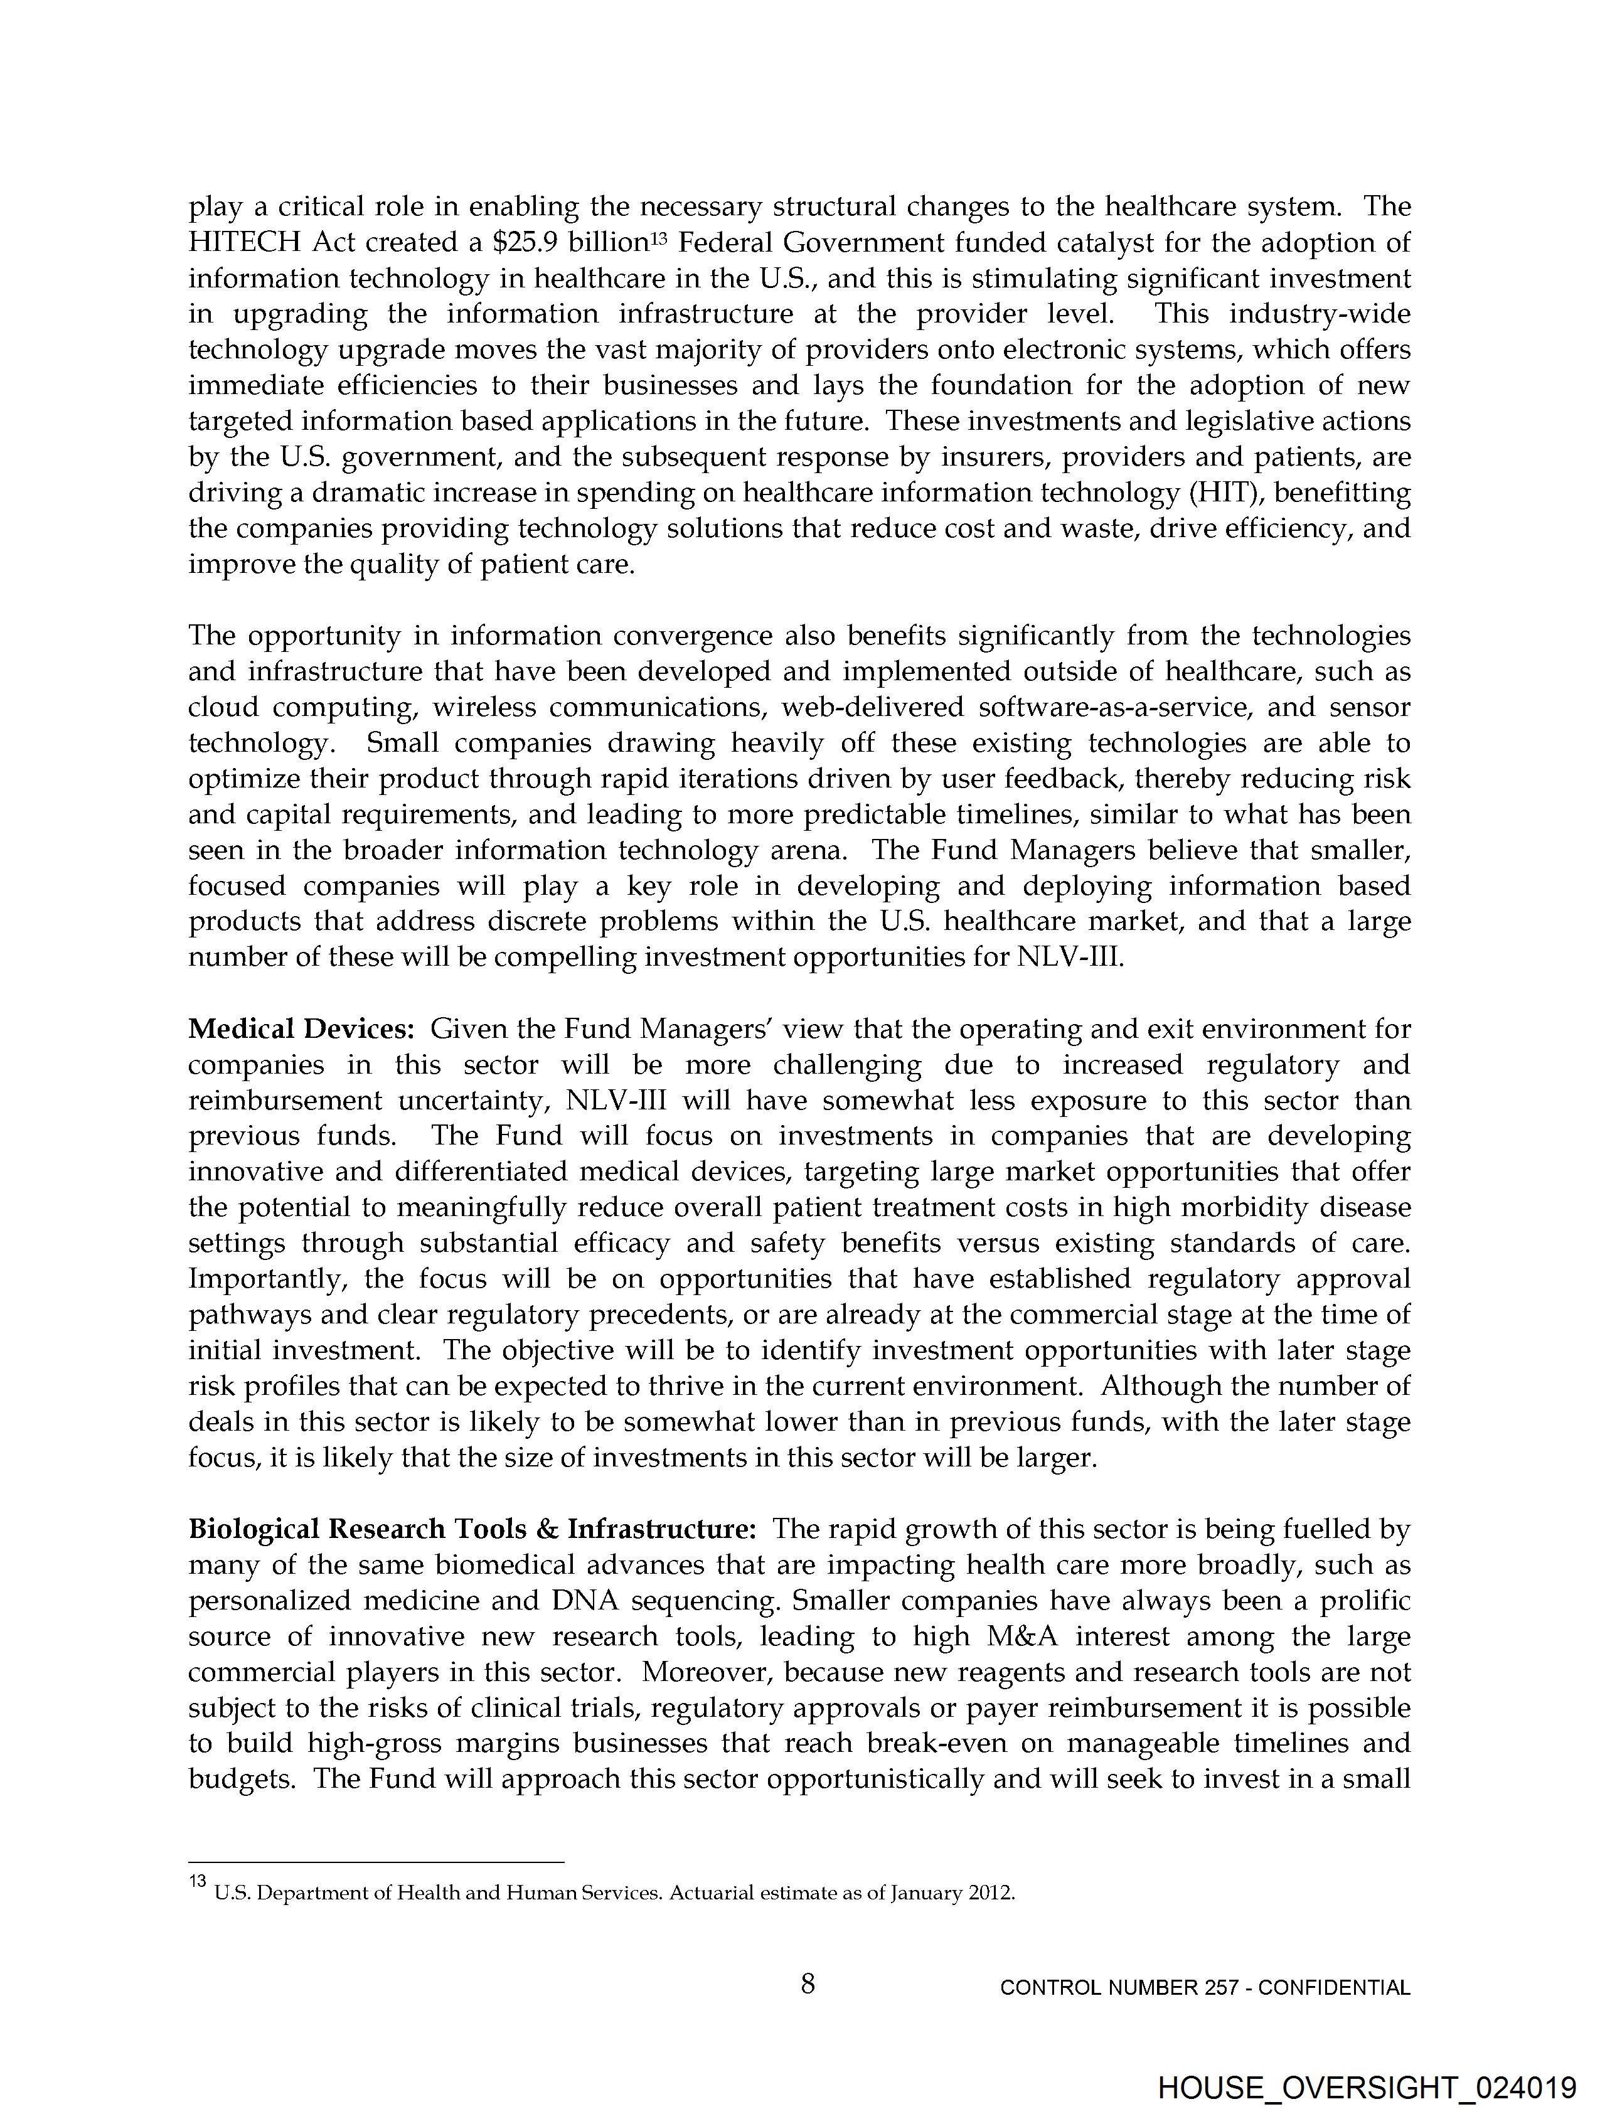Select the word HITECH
[x=243, y=243]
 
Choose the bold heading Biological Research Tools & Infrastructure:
[x=472, y=1529]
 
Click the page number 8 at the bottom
[x=808, y=1984]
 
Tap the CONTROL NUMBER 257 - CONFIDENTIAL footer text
[x=1204, y=1988]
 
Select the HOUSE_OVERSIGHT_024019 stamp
[x=1367, y=2087]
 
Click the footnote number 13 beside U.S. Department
[x=198, y=1881]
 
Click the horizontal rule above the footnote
[x=376, y=1862]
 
